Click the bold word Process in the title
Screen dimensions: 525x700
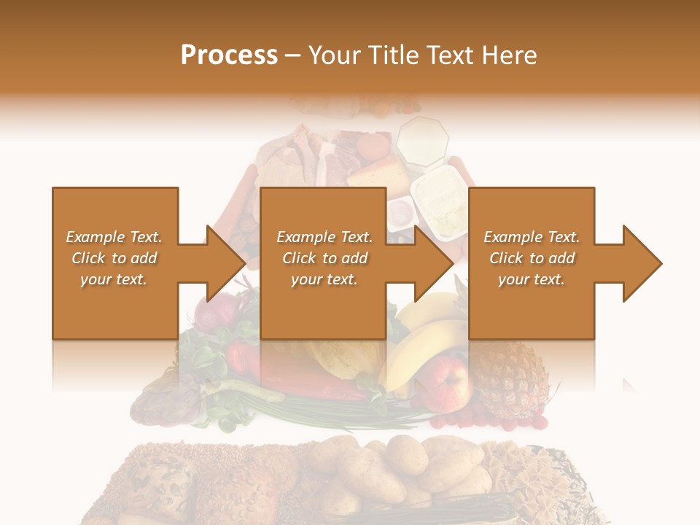(x=229, y=55)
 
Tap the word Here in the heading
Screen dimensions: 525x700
(x=510, y=55)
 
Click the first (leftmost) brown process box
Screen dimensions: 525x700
(x=115, y=211)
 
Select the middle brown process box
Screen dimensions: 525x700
(x=323, y=211)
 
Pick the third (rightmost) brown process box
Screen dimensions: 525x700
(x=531, y=211)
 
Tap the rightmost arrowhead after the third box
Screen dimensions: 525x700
(x=641, y=263)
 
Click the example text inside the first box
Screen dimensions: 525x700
(x=114, y=258)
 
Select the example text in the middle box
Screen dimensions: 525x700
(x=324, y=258)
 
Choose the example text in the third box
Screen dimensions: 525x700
(x=532, y=258)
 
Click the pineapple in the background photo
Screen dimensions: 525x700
(x=514, y=379)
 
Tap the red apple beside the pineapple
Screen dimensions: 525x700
(x=453, y=382)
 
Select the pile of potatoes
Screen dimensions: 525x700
(x=408, y=467)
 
